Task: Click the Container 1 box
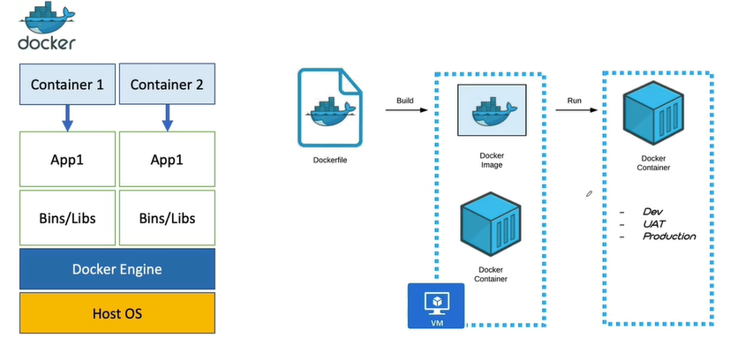point(68,85)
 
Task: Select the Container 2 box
point(166,85)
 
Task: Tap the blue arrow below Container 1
point(68,118)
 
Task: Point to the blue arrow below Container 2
point(166,118)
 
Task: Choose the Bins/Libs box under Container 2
point(166,217)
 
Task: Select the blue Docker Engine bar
point(117,269)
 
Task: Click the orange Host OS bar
point(117,313)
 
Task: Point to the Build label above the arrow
point(405,100)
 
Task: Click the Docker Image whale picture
point(491,109)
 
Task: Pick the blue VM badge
point(436,305)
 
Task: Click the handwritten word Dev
point(653,213)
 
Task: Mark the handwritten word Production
point(668,236)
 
